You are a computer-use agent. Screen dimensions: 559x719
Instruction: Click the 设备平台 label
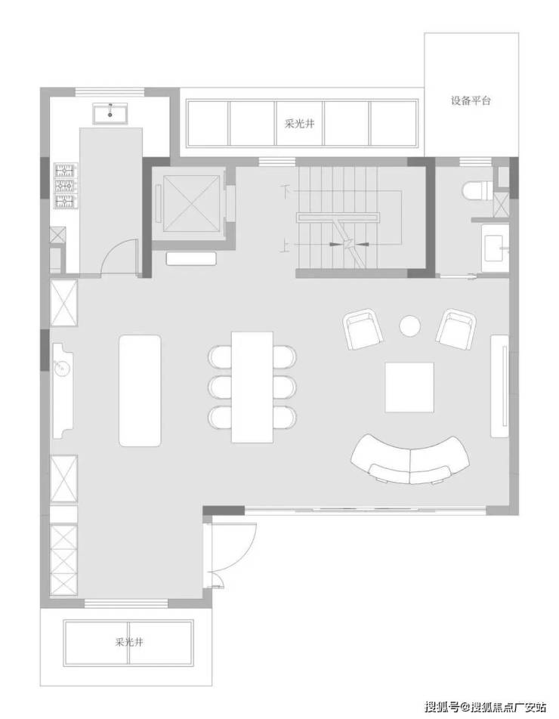tap(471, 100)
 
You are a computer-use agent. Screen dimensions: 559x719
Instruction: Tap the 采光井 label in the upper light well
tap(300, 123)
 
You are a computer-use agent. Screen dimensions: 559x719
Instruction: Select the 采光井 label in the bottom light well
tap(129, 641)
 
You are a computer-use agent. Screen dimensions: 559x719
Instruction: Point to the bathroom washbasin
tap(496, 248)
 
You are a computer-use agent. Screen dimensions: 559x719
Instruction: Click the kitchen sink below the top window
tap(110, 113)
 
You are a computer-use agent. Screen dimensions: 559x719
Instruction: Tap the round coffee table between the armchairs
tap(409, 326)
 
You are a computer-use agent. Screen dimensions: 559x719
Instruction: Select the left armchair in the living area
tap(363, 329)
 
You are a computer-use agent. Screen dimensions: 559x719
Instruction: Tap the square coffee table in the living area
tap(409, 387)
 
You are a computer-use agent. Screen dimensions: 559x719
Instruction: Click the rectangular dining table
tap(252, 387)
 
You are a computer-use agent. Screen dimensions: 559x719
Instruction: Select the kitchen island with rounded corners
tap(140, 390)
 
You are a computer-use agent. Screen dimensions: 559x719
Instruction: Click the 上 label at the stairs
tap(286, 248)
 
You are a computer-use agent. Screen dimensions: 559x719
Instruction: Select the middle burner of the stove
tap(65, 186)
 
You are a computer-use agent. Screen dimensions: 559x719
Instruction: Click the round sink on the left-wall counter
tap(60, 367)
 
